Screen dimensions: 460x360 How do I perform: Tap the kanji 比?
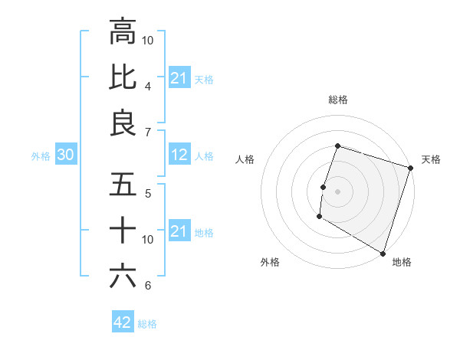point(123,77)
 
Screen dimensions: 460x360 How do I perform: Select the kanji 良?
point(123,123)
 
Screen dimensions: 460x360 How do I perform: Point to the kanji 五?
point(123,185)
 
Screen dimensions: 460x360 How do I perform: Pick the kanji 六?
point(123,277)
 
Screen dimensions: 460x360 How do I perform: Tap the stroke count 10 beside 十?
point(149,240)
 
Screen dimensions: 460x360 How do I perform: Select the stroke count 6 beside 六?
point(148,286)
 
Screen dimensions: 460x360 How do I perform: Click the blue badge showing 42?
point(123,322)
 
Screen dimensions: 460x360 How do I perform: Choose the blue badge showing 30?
point(65,155)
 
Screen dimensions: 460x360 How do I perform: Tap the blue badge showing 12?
point(179,155)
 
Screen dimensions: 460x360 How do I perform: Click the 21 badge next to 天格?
point(179,77)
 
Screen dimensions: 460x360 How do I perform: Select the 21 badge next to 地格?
point(179,231)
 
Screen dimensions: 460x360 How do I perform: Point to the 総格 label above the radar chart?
point(337,100)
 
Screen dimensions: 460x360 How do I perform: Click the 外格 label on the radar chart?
point(270,263)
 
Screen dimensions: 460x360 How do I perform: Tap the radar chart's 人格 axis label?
point(245,159)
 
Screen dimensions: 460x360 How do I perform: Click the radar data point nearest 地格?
point(382,253)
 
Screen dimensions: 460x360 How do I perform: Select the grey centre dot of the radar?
point(337,191)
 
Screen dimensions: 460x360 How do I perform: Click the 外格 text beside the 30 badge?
point(41,156)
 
